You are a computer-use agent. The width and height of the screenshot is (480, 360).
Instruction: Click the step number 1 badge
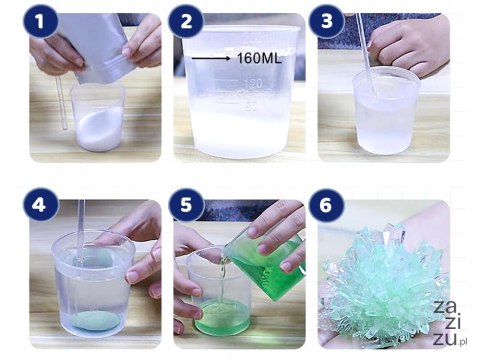coord(40,21)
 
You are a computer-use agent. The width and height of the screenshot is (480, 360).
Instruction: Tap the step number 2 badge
coord(186,21)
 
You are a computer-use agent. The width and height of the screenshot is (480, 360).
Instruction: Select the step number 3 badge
coord(327,21)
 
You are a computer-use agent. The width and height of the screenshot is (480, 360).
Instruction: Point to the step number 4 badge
coord(40,204)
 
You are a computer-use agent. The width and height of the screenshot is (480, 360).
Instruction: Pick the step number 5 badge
coord(186,204)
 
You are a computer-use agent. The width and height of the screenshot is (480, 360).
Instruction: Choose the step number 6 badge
coord(326,204)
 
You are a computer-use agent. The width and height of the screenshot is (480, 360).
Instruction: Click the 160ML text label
coord(259,59)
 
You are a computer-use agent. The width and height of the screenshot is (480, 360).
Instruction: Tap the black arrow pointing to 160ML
coord(211,59)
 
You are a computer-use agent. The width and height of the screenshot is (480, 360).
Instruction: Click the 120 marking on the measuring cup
coord(253,83)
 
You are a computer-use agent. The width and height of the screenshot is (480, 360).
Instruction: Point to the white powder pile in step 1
coord(99,128)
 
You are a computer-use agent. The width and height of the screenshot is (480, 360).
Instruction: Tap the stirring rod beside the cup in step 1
coord(61,103)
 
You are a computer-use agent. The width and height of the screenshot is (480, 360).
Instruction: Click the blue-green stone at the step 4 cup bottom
coord(95,321)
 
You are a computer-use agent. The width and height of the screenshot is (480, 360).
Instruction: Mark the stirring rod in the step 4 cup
coord(79,257)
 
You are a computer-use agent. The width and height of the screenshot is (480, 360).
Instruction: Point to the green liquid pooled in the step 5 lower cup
coord(221,317)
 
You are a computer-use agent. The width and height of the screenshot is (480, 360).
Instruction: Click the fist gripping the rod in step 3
coord(407,45)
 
